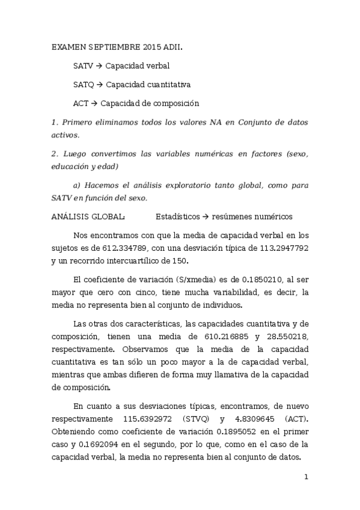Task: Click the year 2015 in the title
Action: point(153,46)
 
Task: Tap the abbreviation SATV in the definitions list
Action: point(83,66)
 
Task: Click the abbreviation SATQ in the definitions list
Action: point(83,85)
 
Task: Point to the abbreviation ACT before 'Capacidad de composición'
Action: point(81,103)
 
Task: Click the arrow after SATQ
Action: point(100,85)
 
